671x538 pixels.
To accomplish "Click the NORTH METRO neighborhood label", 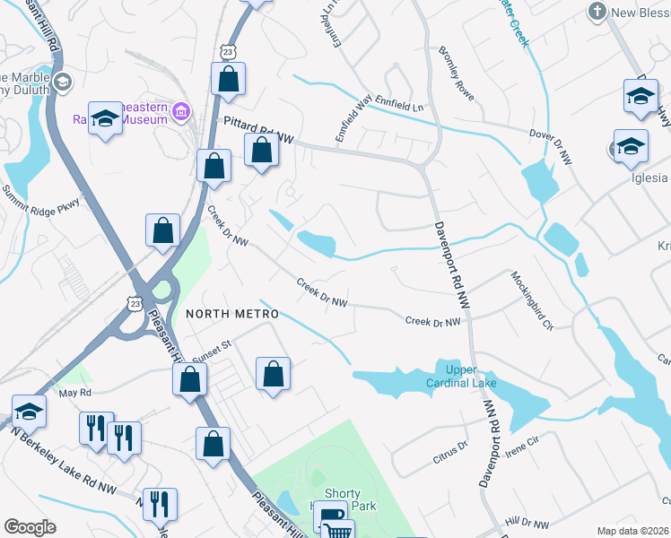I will point(232,314).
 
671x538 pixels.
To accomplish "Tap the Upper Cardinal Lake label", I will point(466,376).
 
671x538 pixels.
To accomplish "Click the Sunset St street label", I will point(213,349).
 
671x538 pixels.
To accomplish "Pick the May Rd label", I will point(74,393).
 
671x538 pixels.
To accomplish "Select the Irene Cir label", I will point(521,448).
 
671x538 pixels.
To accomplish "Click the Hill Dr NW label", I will point(527,524).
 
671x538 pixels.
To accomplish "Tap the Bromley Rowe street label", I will point(457,74).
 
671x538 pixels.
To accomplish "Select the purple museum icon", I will point(181,112).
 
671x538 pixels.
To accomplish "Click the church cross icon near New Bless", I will point(597,13).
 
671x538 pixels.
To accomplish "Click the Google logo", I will point(30,526).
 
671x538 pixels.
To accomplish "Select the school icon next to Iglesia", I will point(631,144).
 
